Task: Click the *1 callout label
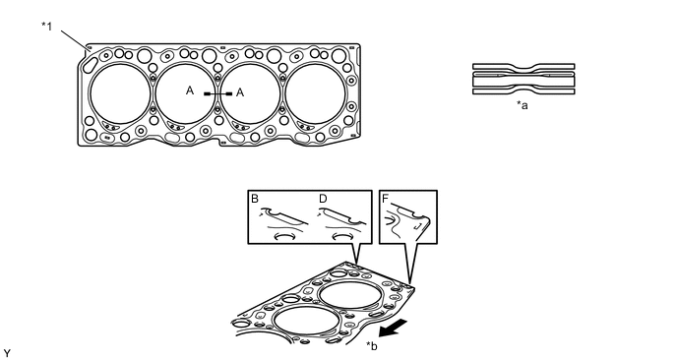46,27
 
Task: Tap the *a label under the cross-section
522,105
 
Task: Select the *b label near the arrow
371,346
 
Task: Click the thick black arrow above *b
393,328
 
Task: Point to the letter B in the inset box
255,199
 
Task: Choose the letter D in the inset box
323,199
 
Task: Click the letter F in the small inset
386,199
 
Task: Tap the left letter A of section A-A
190,90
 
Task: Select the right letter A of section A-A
240,92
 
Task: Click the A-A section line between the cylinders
217,93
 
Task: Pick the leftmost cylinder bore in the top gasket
120,93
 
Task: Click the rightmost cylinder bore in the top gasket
316,93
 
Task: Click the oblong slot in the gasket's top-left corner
90,65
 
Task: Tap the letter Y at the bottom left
7,354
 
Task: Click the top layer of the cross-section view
523,67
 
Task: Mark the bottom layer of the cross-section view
523,90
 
